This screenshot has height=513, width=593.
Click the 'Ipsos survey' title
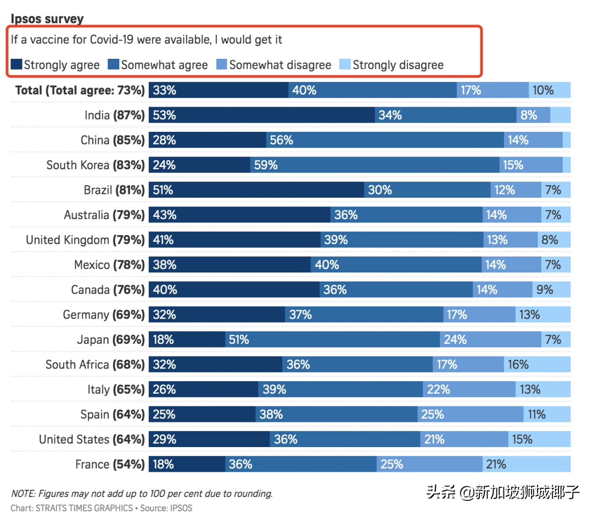click(x=47, y=19)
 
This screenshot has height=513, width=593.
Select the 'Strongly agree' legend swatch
click(x=16, y=65)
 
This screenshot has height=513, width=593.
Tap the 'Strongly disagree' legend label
click(x=398, y=65)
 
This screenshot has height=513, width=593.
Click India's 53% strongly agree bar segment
click(x=262, y=115)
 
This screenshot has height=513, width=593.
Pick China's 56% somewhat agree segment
click(x=385, y=140)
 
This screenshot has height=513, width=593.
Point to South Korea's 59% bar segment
click(x=374, y=165)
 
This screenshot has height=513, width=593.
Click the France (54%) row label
click(x=110, y=464)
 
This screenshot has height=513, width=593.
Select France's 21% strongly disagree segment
click(x=526, y=464)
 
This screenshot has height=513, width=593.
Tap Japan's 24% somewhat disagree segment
click(x=490, y=339)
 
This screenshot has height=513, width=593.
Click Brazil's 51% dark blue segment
click(x=256, y=190)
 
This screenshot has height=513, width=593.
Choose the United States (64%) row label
click(x=92, y=439)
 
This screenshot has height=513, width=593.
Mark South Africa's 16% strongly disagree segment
click(x=537, y=364)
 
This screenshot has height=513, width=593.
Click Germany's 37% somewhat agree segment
click(x=364, y=315)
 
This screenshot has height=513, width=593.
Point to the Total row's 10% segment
click(x=550, y=90)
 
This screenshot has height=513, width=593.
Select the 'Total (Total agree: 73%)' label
click(x=80, y=90)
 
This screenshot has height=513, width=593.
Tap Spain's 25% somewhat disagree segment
click(x=470, y=414)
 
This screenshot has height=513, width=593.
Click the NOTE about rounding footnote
click(x=142, y=493)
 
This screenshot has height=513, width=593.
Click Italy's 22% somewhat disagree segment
click(x=469, y=389)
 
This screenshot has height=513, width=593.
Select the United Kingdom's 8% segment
click(x=553, y=239)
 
